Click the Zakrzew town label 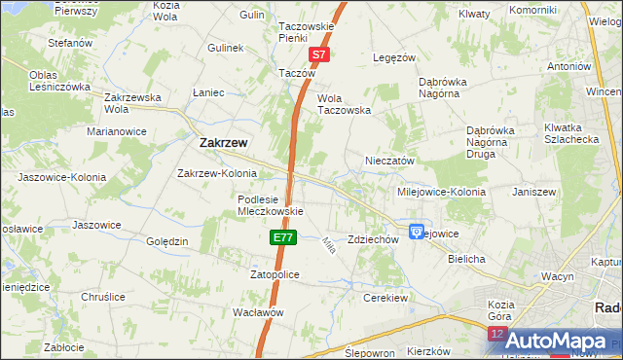223,142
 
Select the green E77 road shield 281,237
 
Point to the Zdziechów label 374,239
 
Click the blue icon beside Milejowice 417,233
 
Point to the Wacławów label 258,312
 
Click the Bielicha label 466,261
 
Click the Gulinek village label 225,48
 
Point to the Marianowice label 116,130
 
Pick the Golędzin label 167,241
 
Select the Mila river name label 328,246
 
